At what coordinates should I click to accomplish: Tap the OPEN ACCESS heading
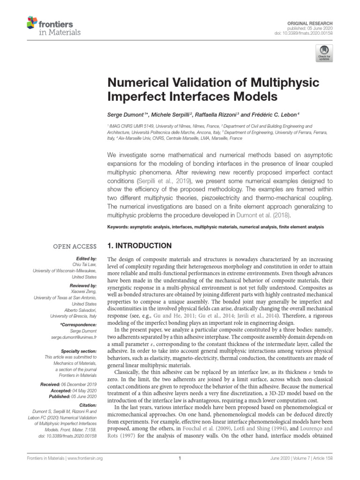pos(75,246)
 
